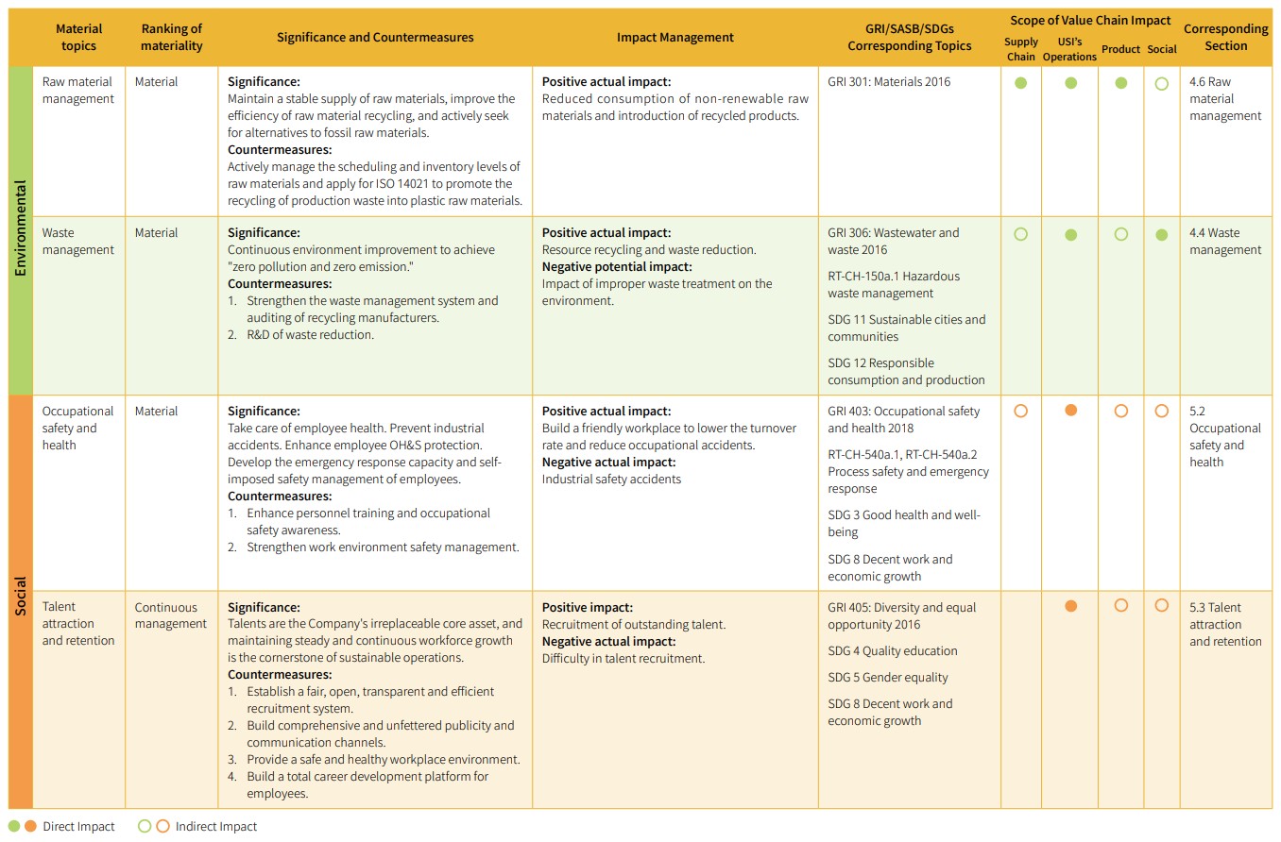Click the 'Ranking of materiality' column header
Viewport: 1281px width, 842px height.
pos(171,37)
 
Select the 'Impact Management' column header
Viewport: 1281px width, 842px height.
pos(675,38)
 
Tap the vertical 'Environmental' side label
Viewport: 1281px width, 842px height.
pos(21,228)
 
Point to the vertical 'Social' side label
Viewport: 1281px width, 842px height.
pos(21,597)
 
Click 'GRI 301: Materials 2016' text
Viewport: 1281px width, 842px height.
pos(889,82)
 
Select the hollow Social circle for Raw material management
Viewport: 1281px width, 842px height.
pos(1162,83)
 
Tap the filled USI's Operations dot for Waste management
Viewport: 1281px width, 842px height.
pos(1070,235)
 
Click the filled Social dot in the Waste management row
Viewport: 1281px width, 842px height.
pos(1162,235)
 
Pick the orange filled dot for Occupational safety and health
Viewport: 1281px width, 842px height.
pos(1070,412)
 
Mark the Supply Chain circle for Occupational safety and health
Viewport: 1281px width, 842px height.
pos(1020,412)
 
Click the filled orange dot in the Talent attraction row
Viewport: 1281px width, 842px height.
pos(1070,606)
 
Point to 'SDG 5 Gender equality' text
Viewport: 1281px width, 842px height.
pos(888,678)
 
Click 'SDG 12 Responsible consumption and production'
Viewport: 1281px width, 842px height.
pos(906,372)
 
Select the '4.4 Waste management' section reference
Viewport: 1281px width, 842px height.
pos(1225,242)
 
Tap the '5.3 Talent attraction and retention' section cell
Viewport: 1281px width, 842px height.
pos(1225,625)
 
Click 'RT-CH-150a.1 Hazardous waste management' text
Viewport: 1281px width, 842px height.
pos(894,285)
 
